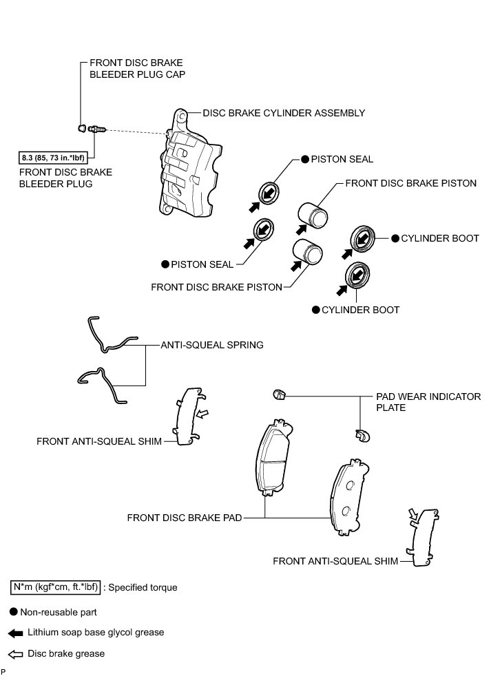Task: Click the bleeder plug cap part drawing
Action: point(81,127)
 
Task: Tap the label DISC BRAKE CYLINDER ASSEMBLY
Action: point(284,112)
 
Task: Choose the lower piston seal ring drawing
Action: point(264,229)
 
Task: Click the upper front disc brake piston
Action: point(314,214)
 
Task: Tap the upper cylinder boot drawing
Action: point(364,239)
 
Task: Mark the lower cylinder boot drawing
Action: point(358,275)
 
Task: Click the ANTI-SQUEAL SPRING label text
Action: point(211,344)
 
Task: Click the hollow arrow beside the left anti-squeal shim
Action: point(202,414)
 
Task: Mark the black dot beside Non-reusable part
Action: point(14,611)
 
